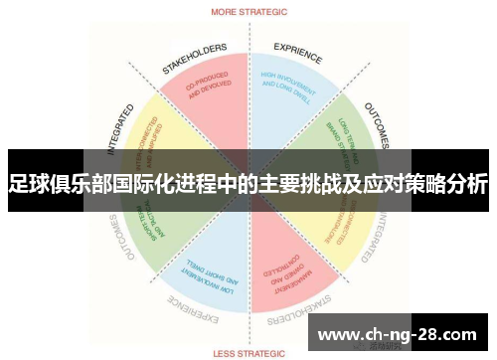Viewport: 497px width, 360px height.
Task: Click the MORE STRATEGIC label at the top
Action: (248, 13)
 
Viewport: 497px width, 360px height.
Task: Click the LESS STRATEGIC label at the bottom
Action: (248, 350)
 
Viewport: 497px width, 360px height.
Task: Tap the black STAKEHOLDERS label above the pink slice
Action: (195, 59)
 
